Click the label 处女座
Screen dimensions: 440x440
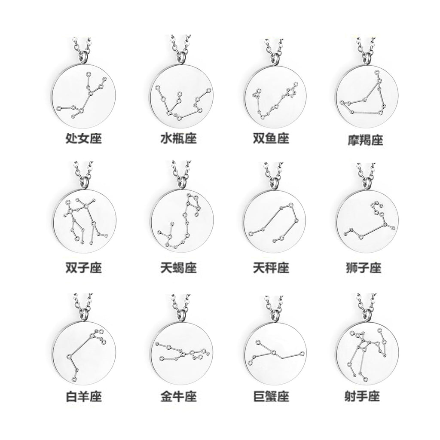pyautogui.click(x=83, y=139)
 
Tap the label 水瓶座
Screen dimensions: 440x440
pyautogui.click(x=178, y=139)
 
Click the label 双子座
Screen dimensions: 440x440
pyautogui.click(x=83, y=268)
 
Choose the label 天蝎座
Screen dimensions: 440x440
pyautogui.click(x=178, y=268)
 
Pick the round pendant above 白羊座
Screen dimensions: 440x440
pyautogui.click(x=86, y=352)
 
